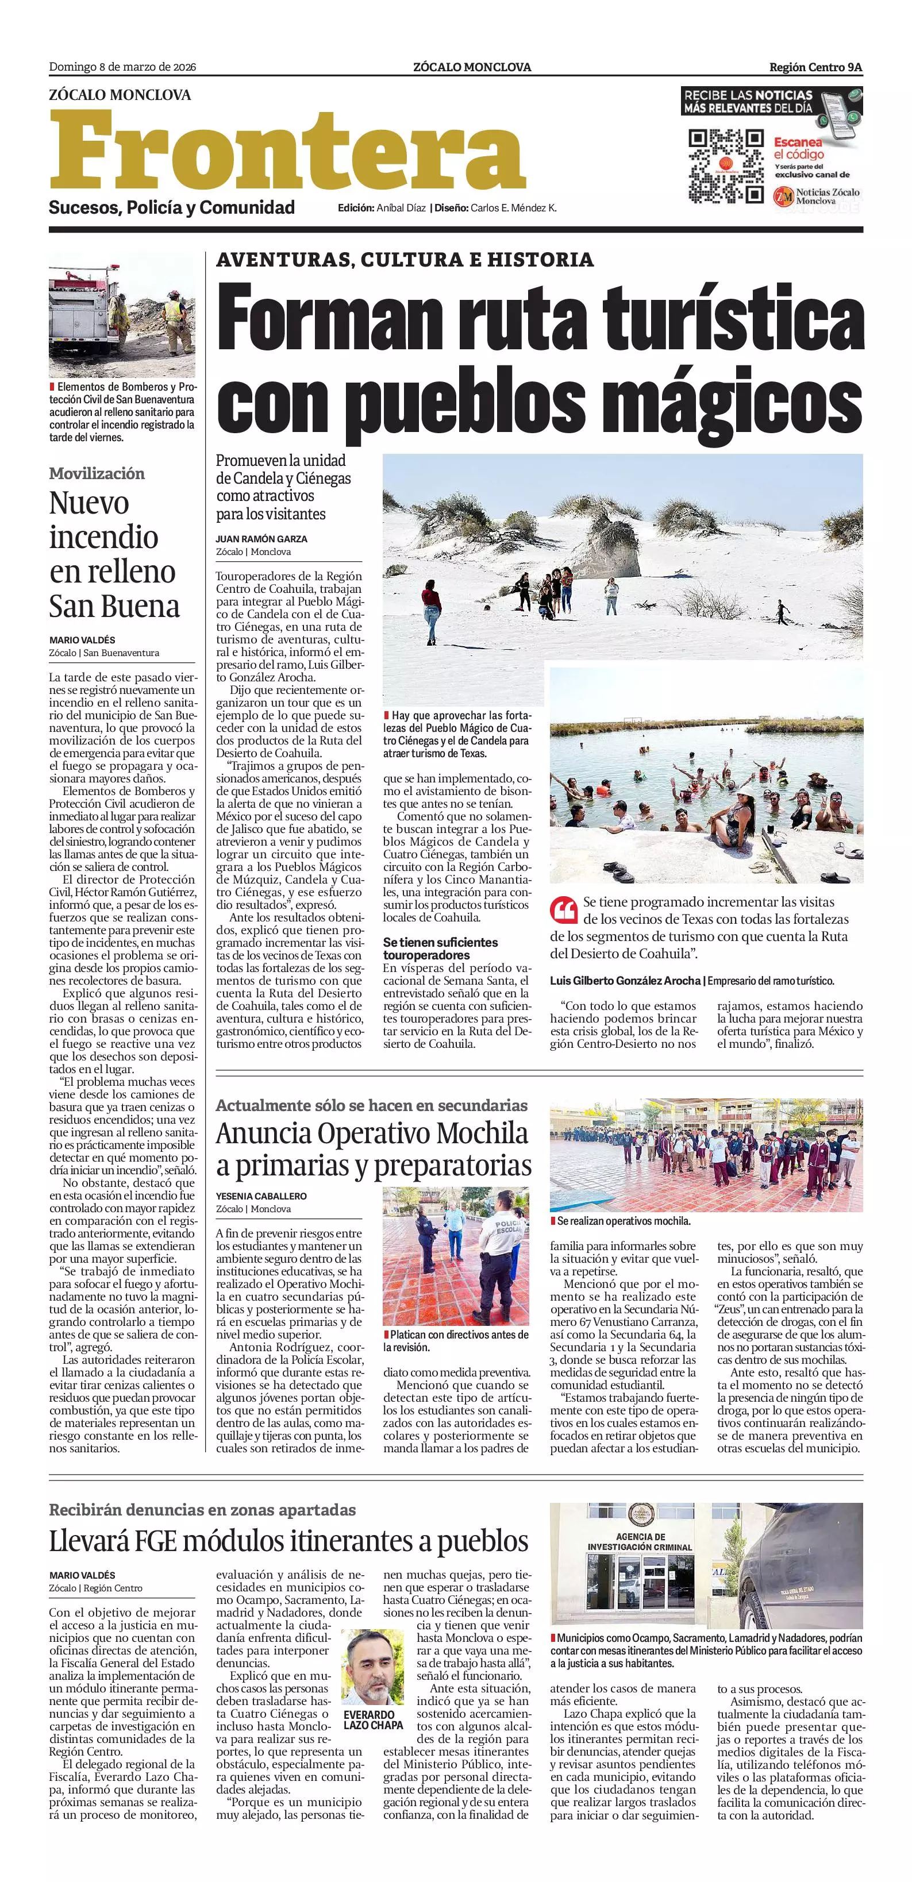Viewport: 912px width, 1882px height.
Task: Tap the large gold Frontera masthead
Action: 287,150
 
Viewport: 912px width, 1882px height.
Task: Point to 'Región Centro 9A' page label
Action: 815,67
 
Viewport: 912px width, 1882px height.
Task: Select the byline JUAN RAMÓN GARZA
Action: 261,538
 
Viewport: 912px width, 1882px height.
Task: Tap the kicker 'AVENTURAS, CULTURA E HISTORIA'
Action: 405,259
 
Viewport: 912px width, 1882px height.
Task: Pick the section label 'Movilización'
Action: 97,473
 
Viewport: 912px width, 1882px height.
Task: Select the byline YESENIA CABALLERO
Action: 261,1196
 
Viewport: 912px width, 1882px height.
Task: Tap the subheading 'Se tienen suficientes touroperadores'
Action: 440,948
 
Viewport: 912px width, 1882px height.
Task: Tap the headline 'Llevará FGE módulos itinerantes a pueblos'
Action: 288,1541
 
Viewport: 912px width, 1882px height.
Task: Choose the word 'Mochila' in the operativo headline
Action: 482,1133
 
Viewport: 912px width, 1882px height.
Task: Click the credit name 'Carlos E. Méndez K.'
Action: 513,208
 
